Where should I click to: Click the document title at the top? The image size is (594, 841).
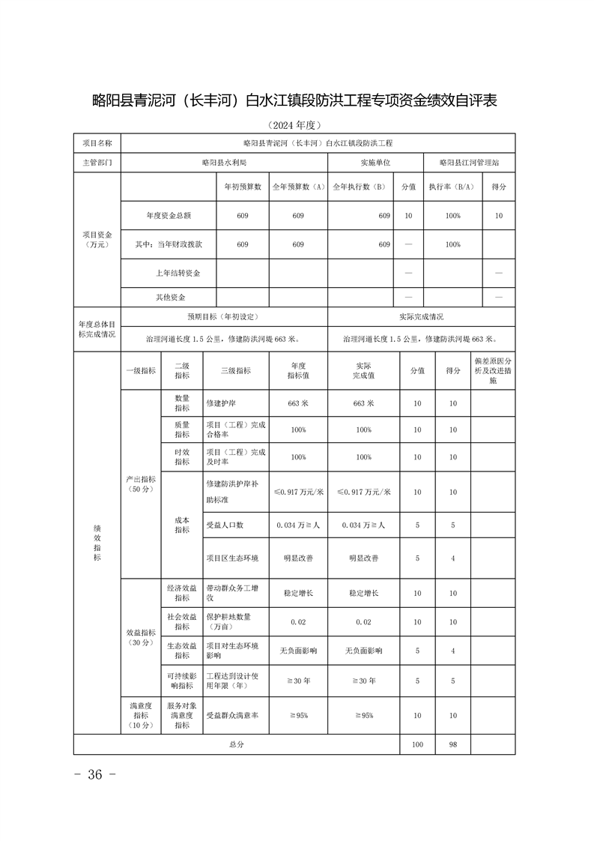(x=294, y=100)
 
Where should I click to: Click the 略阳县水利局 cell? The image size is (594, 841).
(x=223, y=162)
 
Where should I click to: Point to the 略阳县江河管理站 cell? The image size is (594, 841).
(x=469, y=162)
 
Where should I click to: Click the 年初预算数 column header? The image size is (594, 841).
(x=242, y=187)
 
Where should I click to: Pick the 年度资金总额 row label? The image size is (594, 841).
(x=169, y=216)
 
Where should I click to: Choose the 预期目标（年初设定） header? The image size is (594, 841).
(x=223, y=317)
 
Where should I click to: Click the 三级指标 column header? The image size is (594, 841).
(x=236, y=370)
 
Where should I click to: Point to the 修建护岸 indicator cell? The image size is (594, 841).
(x=221, y=403)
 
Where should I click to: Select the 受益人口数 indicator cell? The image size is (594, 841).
(x=225, y=525)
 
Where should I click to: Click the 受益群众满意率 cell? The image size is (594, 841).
(x=232, y=716)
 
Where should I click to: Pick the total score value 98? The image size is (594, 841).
(x=452, y=744)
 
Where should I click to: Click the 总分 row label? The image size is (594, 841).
(x=236, y=744)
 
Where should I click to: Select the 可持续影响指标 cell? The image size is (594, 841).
(x=181, y=681)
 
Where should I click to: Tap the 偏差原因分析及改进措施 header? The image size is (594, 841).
(x=493, y=370)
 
